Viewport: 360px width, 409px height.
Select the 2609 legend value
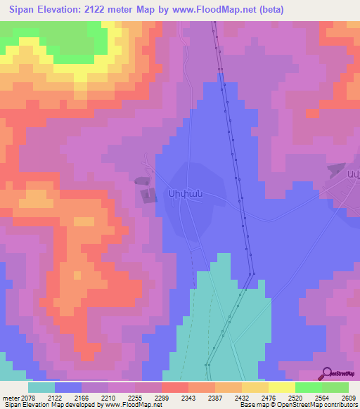[x=349, y=398]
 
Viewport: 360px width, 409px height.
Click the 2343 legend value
[x=187, y=398]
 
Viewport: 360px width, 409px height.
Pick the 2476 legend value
[x=268, y=398]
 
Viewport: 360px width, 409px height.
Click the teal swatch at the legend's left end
[x=41, y=387]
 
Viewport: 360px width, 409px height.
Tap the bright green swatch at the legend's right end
[x=335, y=387]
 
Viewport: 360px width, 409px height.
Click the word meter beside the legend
[x=9, y=398]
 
